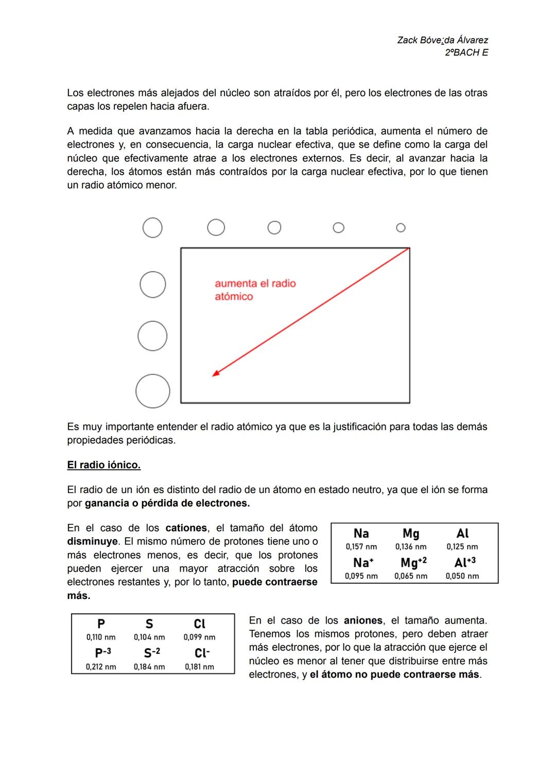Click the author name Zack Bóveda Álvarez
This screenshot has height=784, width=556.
point(442,40)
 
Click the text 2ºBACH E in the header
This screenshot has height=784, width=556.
point(466,52)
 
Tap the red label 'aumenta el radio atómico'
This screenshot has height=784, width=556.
point(255,289)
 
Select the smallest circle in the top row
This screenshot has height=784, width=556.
point(401,227)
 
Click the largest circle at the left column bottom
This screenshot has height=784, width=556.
point(153,391)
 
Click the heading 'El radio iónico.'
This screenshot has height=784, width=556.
point(103,465)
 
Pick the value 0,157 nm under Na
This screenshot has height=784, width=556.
point(361,547)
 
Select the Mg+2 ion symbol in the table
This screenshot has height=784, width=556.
point(413,562)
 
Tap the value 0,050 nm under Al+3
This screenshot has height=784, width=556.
point(462,576)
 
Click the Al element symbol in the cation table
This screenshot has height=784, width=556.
point(462,534)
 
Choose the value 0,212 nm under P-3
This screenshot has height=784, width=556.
point(101,667)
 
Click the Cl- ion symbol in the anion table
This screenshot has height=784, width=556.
point(202,653)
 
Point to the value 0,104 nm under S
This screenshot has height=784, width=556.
point(149,637)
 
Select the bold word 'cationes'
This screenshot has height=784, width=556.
point(186,528)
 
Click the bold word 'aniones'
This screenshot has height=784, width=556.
point(363,621)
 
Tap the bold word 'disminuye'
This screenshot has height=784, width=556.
point(92,542)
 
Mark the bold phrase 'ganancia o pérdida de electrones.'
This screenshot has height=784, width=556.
point(167,503)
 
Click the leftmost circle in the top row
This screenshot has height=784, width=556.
point(152,227)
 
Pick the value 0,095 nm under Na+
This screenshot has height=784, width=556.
point(361,576)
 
